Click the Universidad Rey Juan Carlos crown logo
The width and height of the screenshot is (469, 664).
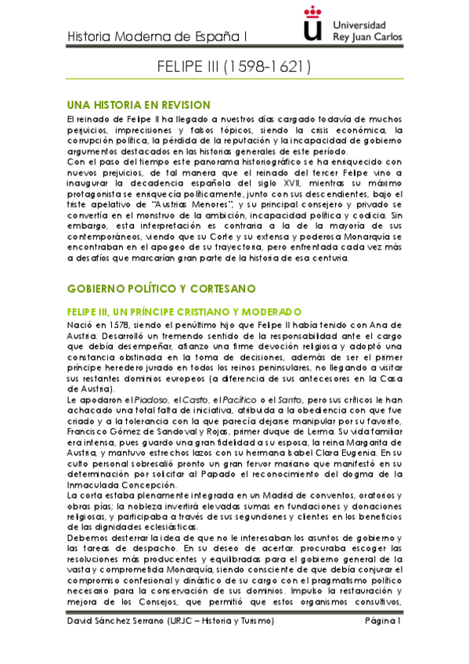click(312, 23)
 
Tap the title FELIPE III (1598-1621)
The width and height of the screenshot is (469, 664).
click(234, 67)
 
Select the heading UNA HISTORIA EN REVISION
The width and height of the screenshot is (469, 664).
click(139, 105)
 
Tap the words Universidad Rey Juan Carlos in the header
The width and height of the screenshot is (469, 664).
click(367, 30)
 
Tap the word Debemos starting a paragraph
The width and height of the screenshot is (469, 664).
click(89, 538)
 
